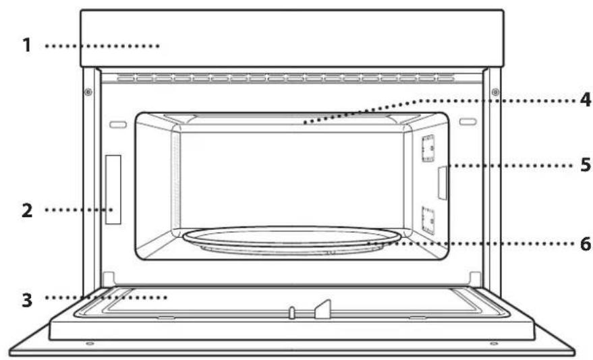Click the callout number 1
tap(26, 47)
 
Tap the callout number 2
tap(26, 210)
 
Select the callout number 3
tap(26, 297)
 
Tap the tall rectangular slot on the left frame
tap(113, 189)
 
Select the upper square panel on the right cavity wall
tap(426, 149)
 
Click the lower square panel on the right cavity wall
tap(426, 220)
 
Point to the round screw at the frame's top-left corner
tap(88, 92)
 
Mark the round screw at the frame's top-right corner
tap(495, 92)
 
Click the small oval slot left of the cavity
tap(117, 124)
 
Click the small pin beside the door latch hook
tap(292, 312)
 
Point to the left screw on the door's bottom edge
tap(90, 344)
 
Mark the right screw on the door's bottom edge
tap(494, 344)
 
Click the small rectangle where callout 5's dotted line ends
tap(442, 183)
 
